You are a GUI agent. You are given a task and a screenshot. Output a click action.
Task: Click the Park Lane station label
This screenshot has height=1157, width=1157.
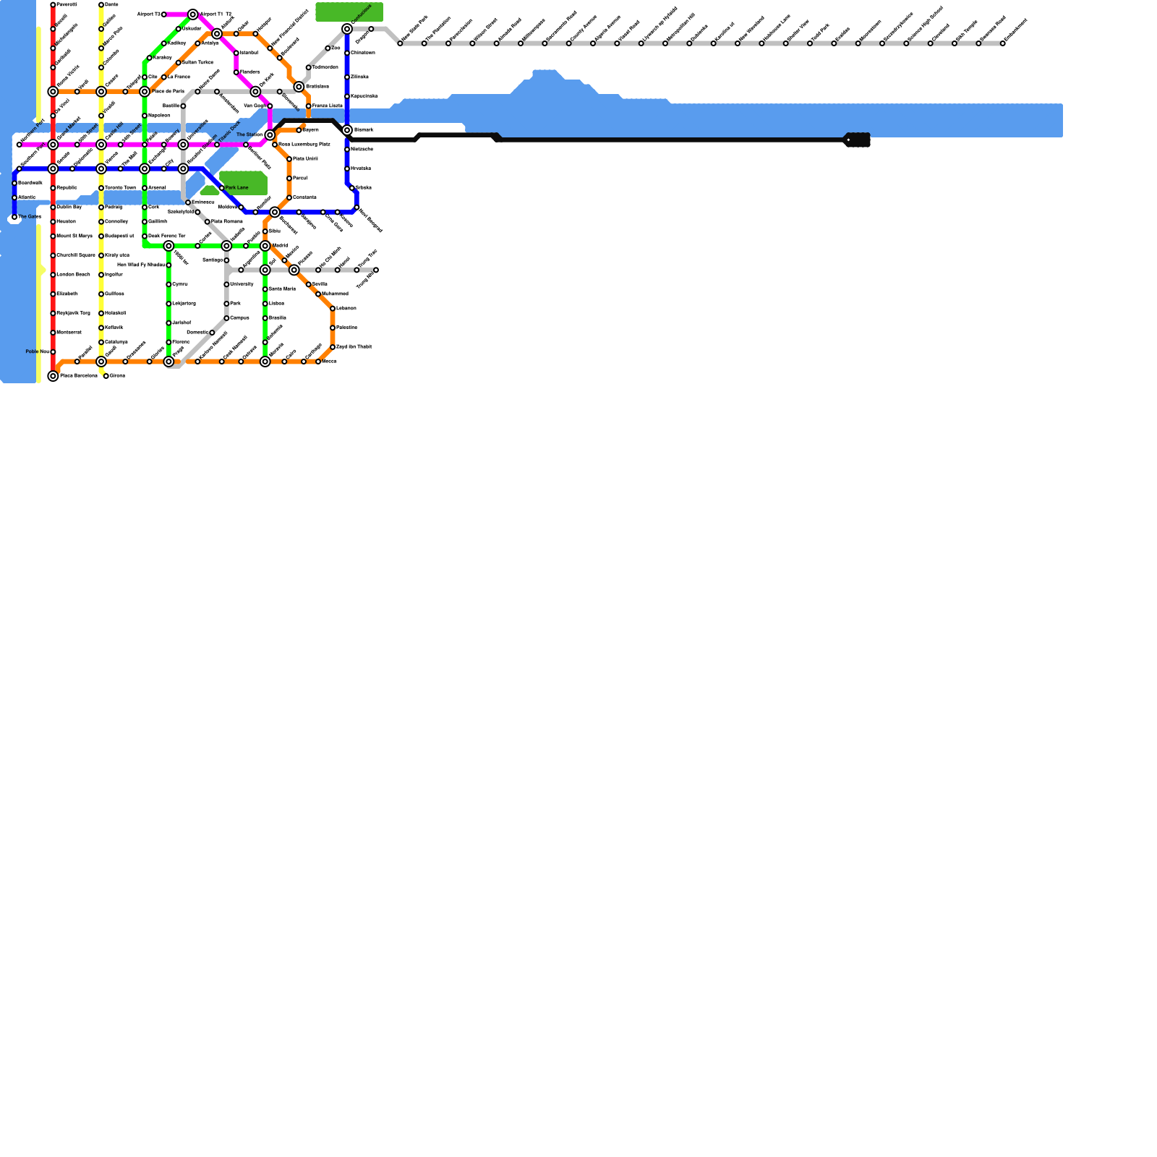pyautogui.click(x=236, y=188)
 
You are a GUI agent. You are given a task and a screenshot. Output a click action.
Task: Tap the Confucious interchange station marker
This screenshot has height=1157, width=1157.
pyautogui.click(x=347, y=29)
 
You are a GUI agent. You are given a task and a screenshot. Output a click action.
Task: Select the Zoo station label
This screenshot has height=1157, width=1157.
pyautogui.click(x=336, y=48)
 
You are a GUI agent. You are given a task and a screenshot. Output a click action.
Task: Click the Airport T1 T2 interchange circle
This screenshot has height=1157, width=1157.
pyautogui.click(x=193, y=14)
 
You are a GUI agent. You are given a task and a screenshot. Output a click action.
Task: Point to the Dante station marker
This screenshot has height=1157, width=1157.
pyautogui.click(x=101, y=5)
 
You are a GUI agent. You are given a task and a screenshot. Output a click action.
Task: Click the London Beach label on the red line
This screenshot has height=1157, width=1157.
pyautogui.click(x=73, y=275)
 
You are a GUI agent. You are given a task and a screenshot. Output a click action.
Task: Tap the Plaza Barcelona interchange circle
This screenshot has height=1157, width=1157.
pyautogui.click(x=53, y=376)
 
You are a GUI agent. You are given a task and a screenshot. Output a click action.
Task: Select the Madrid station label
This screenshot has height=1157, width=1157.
pyautogui.click(x=280, y=246)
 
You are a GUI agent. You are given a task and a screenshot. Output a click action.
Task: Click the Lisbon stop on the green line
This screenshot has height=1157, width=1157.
pyautogui.click(x=265, y=304)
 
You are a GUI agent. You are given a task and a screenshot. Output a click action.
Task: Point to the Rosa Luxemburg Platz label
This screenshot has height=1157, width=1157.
pyautogui.click(x=304, y=145)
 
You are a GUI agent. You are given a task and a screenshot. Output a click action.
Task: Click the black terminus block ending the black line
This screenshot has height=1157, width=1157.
pyautogui.click(x=858, y=140)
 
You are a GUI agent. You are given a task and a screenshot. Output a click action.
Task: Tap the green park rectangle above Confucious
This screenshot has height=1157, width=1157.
pyautogui.click(x=349, y=12)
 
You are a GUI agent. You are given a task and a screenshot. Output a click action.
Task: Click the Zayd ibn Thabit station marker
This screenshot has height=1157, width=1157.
pyautogui.click(x=333, y=347)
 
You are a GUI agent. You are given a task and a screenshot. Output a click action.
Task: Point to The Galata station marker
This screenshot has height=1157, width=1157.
pyautogui.click(x=14, y=217)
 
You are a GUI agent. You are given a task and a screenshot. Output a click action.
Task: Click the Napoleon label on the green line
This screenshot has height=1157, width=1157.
pyautogui.click(x=159, y=116)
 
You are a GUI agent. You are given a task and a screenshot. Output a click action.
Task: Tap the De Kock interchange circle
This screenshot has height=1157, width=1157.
pyautogui.click(x=255, y=92)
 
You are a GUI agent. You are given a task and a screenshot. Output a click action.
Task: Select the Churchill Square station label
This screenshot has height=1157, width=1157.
pyautogui.click(x=76, y=255)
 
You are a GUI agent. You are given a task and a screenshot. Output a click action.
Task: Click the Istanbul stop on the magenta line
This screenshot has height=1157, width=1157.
pyautogui.click(x=236, y=53)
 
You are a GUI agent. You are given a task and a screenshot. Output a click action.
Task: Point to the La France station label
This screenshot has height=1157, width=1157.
pyautogui.click(x=179, y=77)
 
